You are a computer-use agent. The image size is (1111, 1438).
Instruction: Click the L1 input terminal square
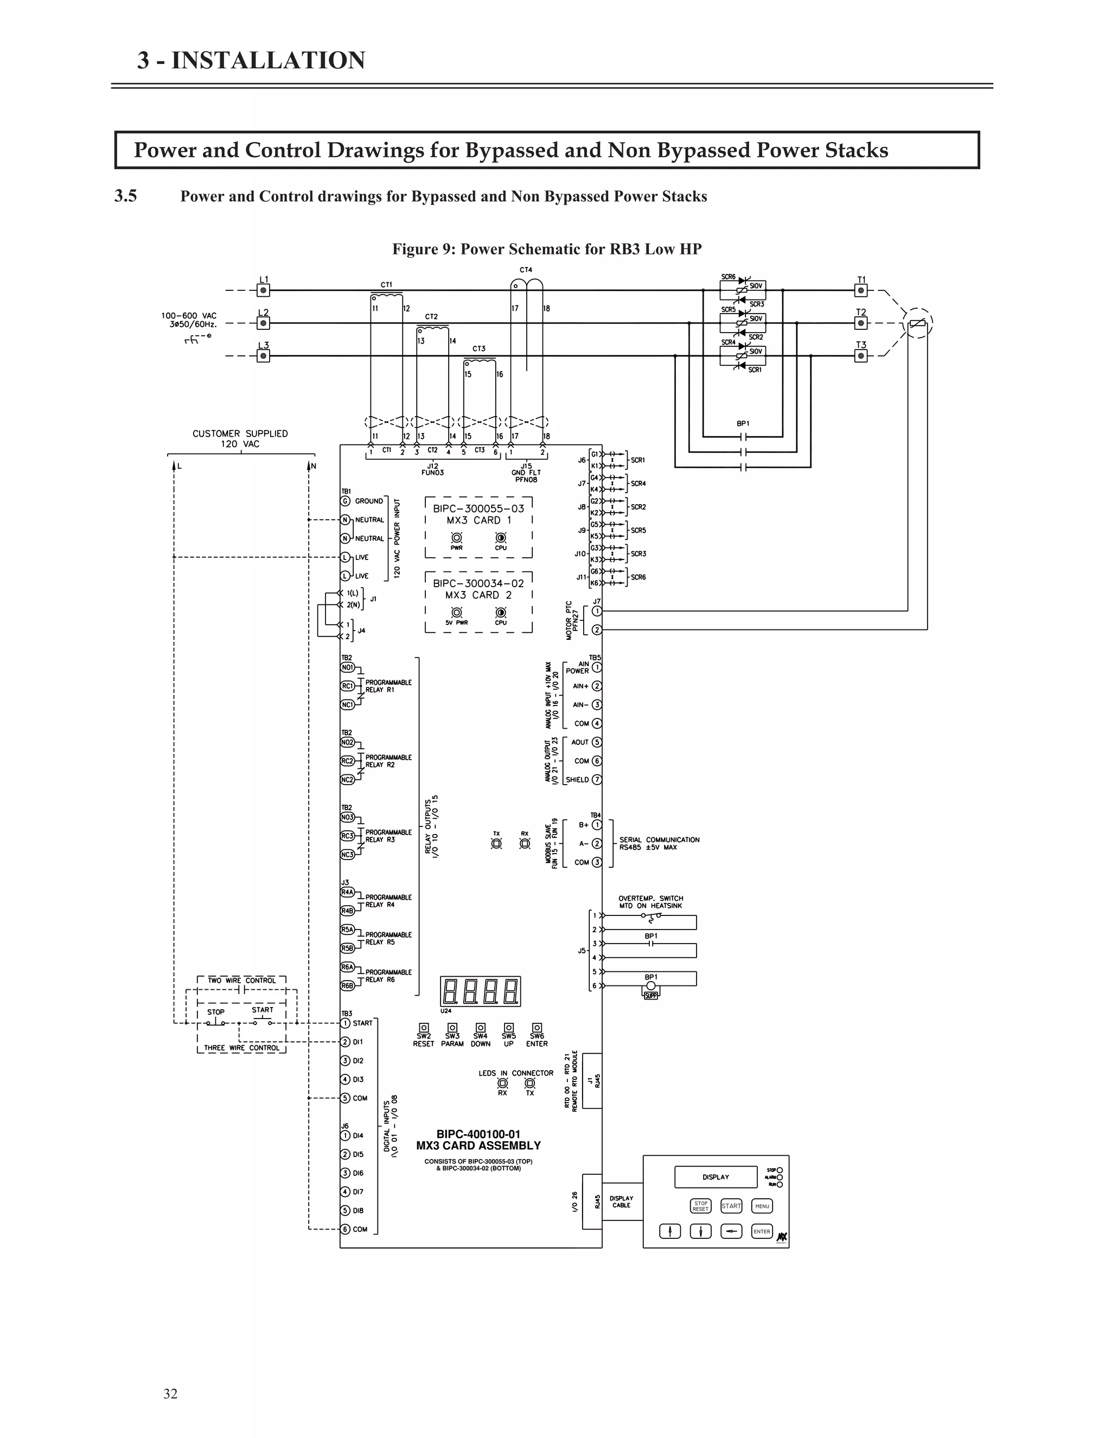click(263, 290)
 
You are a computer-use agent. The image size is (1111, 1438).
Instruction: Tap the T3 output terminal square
click(861, 356)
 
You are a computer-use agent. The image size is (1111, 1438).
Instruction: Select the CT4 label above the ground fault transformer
click(525, 270)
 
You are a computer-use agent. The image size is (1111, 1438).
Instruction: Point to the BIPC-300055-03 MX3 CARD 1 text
click(478, 514)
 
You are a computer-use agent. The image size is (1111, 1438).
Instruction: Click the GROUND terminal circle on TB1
click(346, 501)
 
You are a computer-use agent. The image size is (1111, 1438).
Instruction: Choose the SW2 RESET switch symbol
click(424, 1028)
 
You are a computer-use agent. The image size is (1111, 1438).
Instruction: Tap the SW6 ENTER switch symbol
click(537, 1028)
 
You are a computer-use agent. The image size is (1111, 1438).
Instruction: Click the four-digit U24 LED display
click(480, 991)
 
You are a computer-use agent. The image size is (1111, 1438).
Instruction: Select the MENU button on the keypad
click(762, 1206)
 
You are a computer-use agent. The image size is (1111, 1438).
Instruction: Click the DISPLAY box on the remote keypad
click(716, 1178)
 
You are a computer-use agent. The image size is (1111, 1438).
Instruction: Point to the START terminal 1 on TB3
click(345, 1023)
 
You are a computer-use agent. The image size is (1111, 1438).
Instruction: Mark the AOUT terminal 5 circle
click(597, 742)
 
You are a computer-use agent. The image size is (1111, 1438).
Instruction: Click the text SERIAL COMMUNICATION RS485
click(659, 843)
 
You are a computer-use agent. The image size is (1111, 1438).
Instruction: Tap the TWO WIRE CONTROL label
click(241, 981)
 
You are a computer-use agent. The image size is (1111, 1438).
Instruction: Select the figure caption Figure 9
click(547, 250)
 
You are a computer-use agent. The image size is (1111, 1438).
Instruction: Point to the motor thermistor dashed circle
click(917, 323)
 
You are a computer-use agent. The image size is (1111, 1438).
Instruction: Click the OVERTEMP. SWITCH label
click(650, 902)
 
